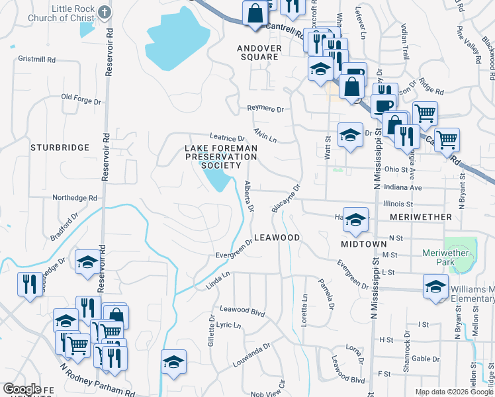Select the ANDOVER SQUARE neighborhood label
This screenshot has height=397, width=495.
(259, 53)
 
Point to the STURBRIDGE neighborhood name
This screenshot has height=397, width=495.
(60, 148)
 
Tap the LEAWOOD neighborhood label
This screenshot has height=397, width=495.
(277, 237)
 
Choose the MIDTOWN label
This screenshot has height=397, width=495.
(363, 244)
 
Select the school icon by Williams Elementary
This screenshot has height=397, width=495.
(435, 287)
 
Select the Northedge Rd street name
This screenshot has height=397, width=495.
(75, 197)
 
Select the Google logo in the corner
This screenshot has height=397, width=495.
(22, 389)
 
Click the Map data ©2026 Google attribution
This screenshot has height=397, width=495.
(454, 392)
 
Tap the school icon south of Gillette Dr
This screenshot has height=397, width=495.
(173, 361)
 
